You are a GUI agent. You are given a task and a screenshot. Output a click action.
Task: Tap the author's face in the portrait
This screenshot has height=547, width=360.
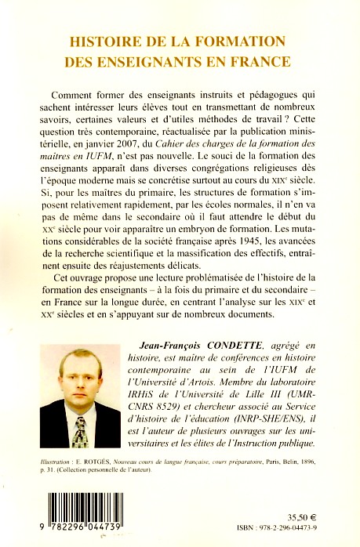76,389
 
